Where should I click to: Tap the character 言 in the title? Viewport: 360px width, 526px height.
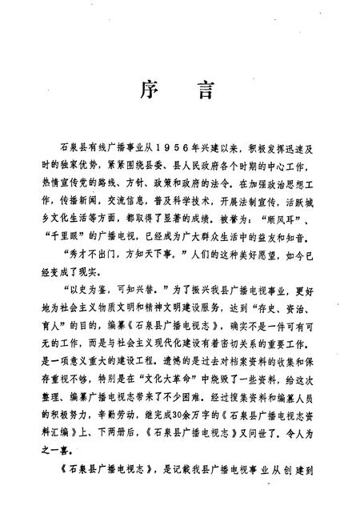point(204,90)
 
